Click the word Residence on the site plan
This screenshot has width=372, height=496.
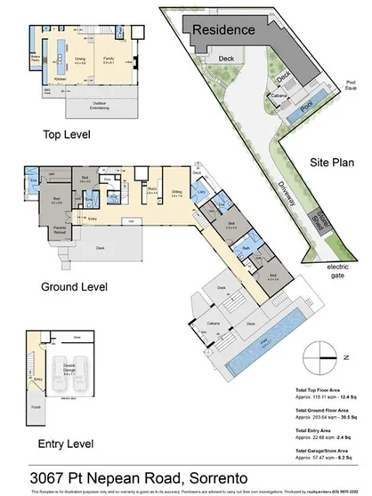(224, 29)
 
